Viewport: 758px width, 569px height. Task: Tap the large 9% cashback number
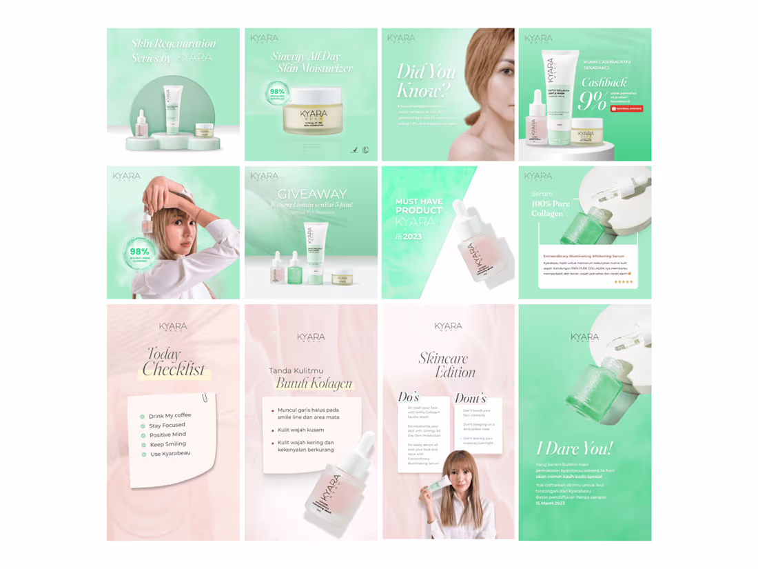(592, 101)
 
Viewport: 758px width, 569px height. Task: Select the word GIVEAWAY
(311, 194)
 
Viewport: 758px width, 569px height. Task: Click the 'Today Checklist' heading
(174, 363)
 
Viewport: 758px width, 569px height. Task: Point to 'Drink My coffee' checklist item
(170, 416)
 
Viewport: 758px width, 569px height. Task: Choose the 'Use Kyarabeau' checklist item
(170, 454)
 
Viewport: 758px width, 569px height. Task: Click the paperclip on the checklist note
(205, 398)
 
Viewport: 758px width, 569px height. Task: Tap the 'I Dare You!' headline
(574, 448)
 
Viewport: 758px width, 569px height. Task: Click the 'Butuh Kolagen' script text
(314, 383)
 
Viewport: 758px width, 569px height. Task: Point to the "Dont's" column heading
(470, 399)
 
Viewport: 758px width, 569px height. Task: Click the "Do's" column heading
(409, 397)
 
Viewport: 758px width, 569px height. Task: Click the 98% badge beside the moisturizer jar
(277, 94)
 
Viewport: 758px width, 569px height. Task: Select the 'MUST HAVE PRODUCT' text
(418, 206)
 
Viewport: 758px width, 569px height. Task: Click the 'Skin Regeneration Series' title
(173, 50)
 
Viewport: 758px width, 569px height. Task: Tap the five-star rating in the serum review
(623, 281)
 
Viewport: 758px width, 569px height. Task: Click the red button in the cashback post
(626, 108)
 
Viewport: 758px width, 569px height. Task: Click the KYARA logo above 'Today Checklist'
(173, 327)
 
